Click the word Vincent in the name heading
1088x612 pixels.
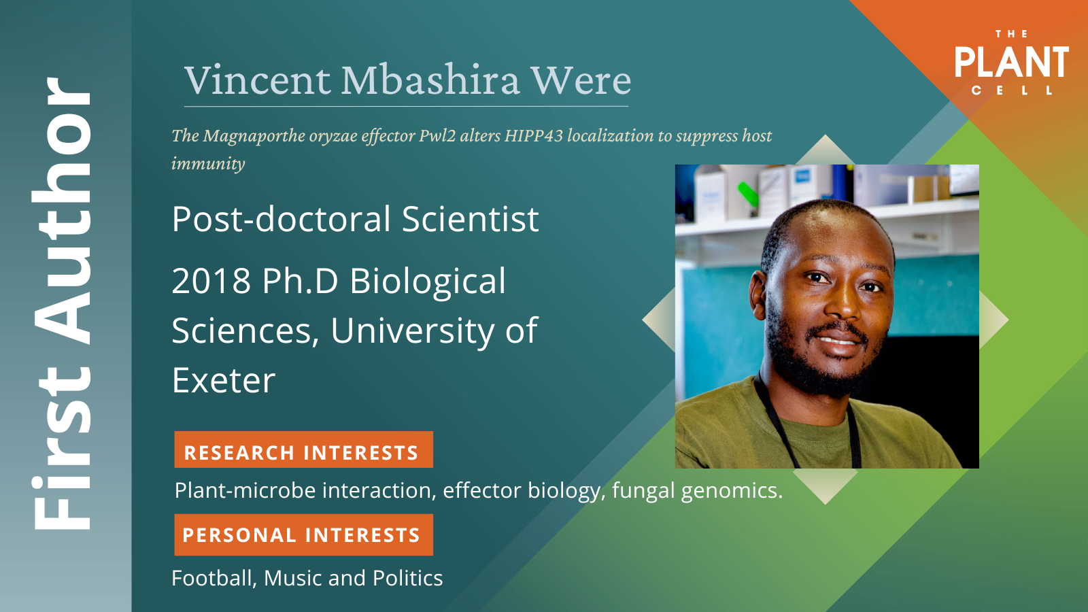258,80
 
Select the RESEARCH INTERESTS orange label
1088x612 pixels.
303,449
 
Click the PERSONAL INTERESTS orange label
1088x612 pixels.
303,534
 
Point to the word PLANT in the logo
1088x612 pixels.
1012,62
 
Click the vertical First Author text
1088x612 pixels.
62,303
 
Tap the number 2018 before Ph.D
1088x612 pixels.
211,282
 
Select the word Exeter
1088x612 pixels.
224,380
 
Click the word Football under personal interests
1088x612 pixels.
214,579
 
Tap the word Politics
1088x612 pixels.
407,579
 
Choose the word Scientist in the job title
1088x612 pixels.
470,219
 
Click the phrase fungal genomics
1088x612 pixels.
698,491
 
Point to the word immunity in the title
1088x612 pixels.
208,164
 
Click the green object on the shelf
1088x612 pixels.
747,194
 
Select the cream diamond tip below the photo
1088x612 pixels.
826,503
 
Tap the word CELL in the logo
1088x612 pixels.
1011,90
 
